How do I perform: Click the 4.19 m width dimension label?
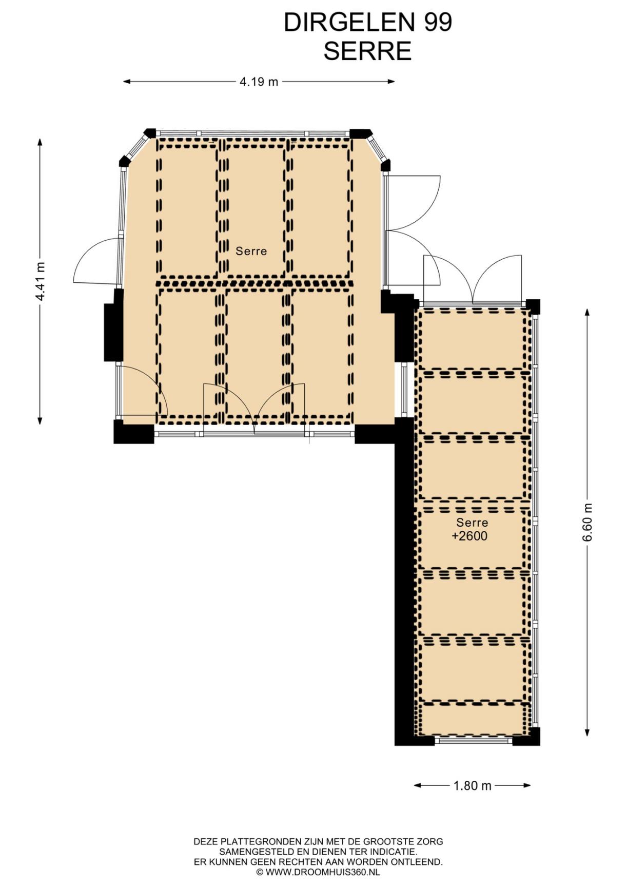click(x=259, y=81)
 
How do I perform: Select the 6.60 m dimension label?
click(x=587, y=522)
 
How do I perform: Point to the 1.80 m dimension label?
click(x=472, y=785)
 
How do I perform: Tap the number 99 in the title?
click(x=438, y=23)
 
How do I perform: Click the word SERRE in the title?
click(x=367, y=51)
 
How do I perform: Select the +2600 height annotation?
click(x=469, y=536)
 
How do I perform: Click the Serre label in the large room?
click(x=251, y=251)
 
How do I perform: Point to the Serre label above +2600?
click(x=472, y=523)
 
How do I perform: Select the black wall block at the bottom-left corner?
click(x=133, y=432)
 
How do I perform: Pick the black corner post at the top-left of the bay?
click(x=149, y=133)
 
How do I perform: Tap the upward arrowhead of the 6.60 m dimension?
click(x=587, y=312)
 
